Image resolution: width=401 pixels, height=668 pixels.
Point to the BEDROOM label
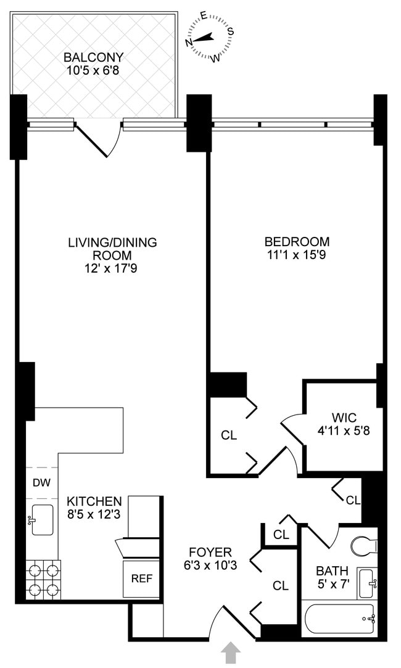coord(297,242)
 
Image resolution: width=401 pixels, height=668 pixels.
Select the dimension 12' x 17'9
coord(112,268)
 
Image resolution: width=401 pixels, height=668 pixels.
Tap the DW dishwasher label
coord(41,483)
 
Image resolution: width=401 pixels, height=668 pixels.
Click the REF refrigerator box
coord(142,579)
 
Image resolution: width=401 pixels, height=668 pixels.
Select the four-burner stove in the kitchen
coord(43,580)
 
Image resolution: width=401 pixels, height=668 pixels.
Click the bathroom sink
coord(368,583)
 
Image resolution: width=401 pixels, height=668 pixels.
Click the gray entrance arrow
coord(232,653)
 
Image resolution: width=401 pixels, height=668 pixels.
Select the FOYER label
coord(210,552)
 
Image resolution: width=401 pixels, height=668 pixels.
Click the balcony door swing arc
coord(99,139)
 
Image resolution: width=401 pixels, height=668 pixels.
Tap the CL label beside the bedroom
coord(229,435)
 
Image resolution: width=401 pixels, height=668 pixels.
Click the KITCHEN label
coord(94,501)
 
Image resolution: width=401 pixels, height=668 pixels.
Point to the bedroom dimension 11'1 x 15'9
coord(297,254)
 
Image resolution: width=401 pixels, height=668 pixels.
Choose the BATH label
coord(332,571)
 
